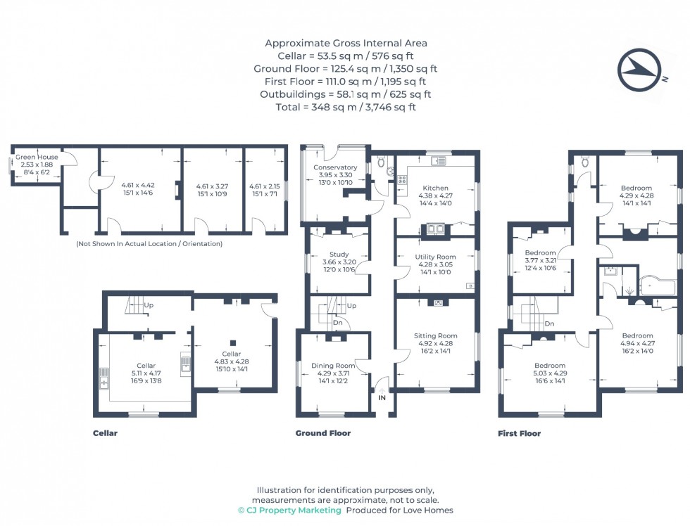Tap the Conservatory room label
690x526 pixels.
click(x=335, y=167)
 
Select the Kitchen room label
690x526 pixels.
click(x=435, y=188)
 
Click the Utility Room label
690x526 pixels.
click(x=436, y=257)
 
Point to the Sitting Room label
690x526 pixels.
click(x=436, y=335)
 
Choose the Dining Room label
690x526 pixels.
click(x=333, y=365)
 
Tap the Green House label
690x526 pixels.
click(x=37, y=157)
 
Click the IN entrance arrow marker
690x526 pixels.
click(x=382, y=397)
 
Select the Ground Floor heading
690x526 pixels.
click(x=322, y=433)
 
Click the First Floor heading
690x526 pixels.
click(x=519, y=433)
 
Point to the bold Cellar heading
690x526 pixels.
click(x=105, y=433)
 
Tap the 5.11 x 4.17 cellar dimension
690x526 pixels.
click(x=146, y=373)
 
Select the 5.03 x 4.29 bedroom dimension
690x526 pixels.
click(x=549, y=373)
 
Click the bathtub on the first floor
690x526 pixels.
click(x=656, y=286)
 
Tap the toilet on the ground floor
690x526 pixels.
click(x=381, y=162)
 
